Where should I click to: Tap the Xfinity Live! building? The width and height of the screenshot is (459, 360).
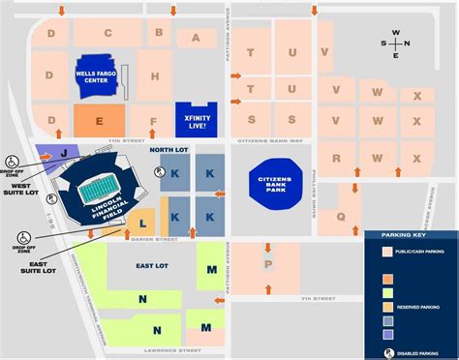[x=196, y=118]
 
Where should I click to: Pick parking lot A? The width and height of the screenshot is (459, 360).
[x=197, y=39]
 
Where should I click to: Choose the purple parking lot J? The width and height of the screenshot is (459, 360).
[x=63, y=152]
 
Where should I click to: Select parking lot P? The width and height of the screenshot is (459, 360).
[x=268, y=262]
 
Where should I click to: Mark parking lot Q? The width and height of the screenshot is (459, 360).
[x=341, y=218]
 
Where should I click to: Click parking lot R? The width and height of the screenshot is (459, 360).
[x=337, y=158]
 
